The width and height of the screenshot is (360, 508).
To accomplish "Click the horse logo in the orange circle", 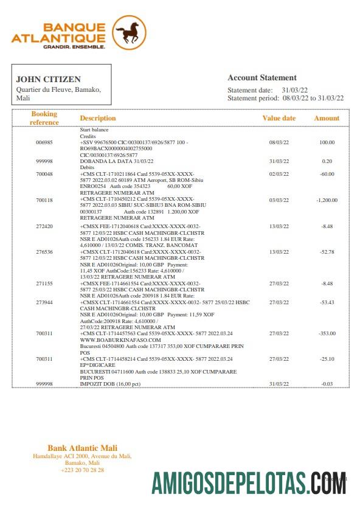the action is point(129,33).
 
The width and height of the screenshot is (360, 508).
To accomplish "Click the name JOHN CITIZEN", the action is point(48,79).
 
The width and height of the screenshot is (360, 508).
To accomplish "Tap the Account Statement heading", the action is point(262,78).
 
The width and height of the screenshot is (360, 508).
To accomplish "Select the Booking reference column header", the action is point(44,118).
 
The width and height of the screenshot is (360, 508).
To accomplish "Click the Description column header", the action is point(97,118).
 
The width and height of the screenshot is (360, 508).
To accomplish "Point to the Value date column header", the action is point(279,118).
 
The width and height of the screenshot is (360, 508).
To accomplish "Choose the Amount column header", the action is point(327,118).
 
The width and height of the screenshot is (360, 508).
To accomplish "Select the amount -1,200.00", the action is point(327,200).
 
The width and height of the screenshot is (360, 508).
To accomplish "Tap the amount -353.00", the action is point(327,333).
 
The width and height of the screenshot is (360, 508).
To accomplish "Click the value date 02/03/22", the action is point(279,174).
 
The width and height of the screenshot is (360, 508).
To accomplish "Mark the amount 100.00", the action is point(327,142).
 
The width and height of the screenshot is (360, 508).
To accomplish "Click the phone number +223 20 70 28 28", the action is point(83,470).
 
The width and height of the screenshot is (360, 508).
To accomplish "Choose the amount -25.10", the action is point(327,359).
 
